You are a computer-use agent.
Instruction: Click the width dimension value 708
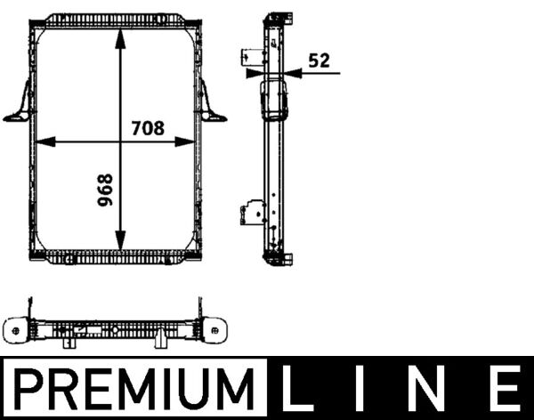coord(147,127)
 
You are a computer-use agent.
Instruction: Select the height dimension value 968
coord(104,190)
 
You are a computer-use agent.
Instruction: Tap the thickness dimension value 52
coord(319,61)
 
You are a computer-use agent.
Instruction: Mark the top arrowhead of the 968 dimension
coord(118,29)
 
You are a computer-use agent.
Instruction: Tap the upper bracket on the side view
coord(251,57)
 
